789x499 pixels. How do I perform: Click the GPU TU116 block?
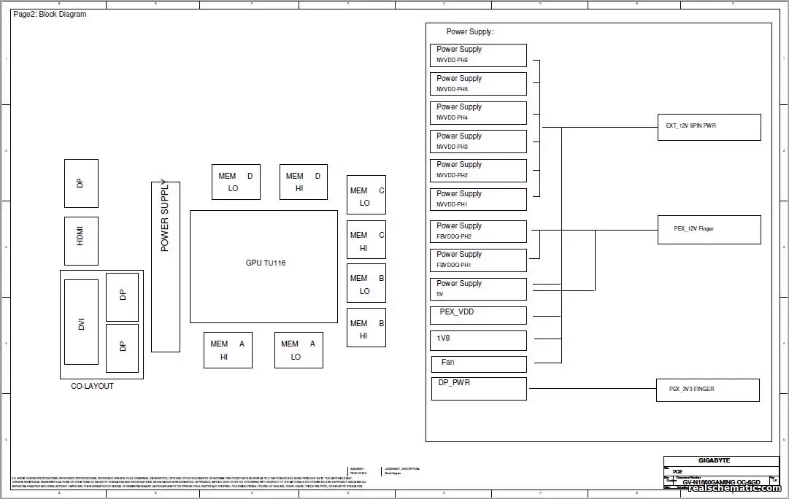[263, 266]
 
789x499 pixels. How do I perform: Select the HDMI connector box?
[81, 241]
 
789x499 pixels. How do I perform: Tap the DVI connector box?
[81, 322]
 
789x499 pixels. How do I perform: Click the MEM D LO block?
[236, 182]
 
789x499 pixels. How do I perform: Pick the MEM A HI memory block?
[228, 350]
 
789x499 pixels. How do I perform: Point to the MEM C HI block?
[366, 240]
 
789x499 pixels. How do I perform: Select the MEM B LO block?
[366, 284]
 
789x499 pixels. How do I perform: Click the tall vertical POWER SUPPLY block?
[165, 267]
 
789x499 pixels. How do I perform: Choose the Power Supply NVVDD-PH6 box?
[478, 55]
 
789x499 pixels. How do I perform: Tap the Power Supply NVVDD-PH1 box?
[478, 199]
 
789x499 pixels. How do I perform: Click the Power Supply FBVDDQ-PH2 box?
[478, 231]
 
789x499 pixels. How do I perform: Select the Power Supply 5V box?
[478, 289]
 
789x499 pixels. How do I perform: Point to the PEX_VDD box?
[478, 315]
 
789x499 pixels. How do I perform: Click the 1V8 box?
[478, 341]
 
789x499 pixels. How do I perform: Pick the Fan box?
[478, 363]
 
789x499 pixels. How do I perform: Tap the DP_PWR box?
[478, 388]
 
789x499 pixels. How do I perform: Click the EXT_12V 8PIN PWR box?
[708, 127]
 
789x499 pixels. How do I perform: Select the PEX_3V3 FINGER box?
[708, 390]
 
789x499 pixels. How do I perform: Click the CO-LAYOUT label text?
[92, 386]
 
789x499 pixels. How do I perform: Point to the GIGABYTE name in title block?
[714, 460]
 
